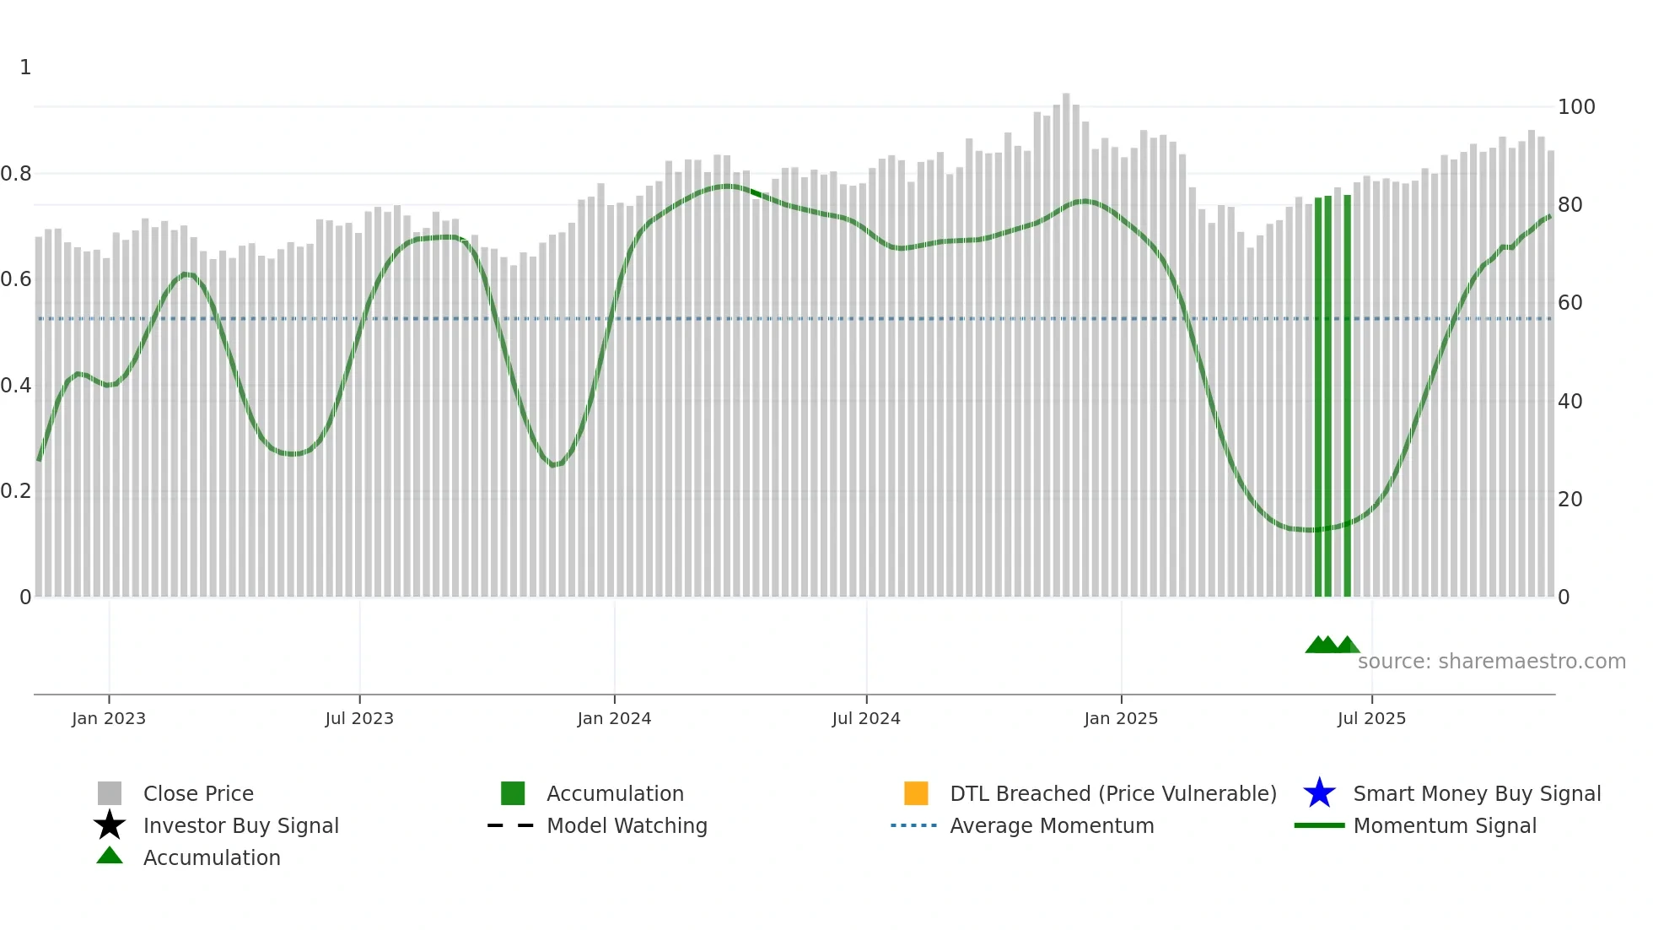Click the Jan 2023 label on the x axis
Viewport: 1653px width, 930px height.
109,718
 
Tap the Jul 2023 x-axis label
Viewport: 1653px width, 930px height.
359,718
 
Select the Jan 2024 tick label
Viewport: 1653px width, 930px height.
614,718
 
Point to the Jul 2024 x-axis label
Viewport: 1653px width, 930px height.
866,718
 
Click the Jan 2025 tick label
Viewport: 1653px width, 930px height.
1121,718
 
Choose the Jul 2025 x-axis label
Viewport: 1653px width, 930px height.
1371,718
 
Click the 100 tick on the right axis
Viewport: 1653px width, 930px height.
1576,107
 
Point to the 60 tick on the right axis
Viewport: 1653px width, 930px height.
1570,303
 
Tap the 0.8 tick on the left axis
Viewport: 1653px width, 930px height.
16,174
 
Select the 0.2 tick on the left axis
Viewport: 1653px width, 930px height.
16,491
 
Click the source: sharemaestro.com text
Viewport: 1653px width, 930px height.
1491,662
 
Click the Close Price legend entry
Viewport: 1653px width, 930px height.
198,793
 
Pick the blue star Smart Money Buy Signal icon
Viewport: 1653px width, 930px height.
1319,793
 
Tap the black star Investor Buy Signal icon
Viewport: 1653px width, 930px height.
110,825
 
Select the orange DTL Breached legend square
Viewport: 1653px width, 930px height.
916,793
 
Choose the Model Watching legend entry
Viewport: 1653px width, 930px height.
627,825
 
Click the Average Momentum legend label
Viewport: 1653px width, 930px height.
1052,825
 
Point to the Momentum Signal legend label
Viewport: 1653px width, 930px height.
1445,825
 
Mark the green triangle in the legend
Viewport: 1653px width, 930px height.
110,856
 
